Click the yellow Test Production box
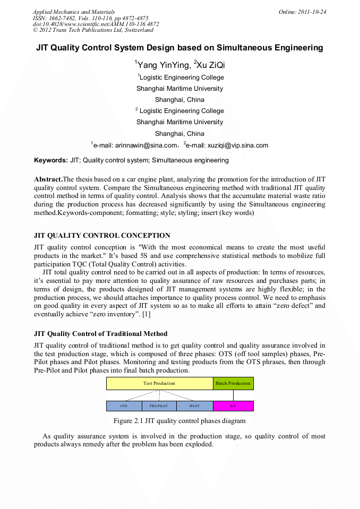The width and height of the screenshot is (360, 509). point(159,383)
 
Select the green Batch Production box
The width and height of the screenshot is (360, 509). point(233,383)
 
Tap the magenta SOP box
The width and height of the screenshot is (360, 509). point(233,406)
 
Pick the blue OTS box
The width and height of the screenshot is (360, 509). point(124,406)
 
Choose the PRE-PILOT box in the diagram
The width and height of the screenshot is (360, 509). point(159,406)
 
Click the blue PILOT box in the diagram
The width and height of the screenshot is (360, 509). point(194,406)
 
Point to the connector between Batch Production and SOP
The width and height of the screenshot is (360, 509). point(233,395)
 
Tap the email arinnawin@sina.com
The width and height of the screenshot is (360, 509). point(135,145)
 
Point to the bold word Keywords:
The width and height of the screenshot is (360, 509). point(50,160)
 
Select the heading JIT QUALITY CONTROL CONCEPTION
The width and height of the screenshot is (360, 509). point(102,236)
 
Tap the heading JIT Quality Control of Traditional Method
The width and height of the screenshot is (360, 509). point(100,334)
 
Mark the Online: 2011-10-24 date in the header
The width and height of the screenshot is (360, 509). point(302,12)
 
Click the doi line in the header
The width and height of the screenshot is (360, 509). point(96,24)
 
